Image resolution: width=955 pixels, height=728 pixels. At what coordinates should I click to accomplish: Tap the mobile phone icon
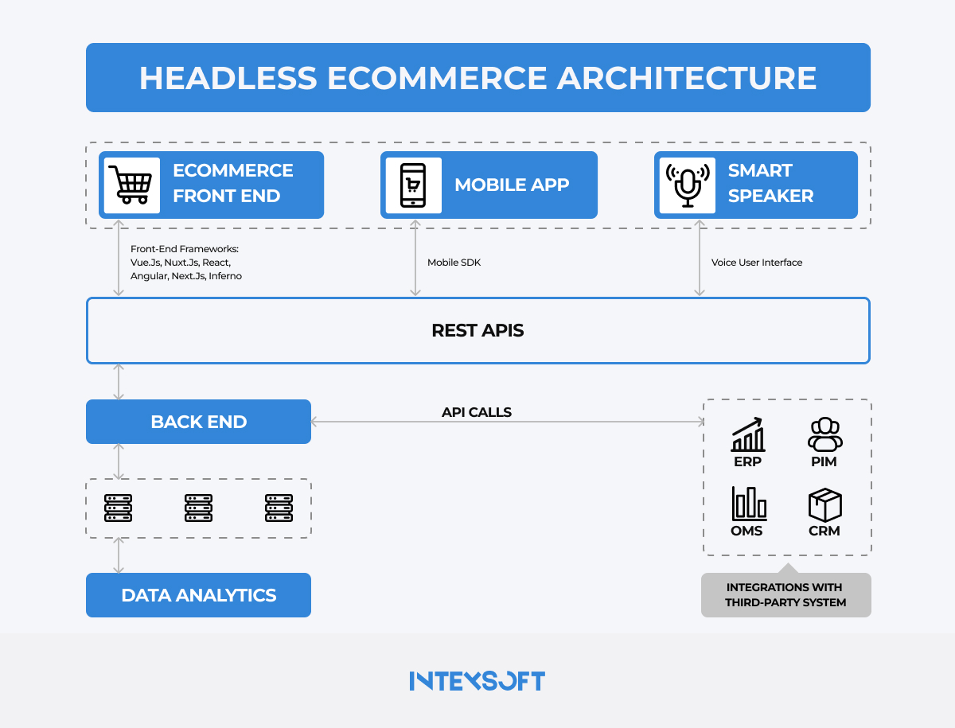tap(413, 185)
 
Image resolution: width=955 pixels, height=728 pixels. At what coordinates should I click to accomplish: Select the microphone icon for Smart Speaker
tap(687, 185)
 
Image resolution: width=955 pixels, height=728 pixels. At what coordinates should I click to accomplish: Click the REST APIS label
tap(477, 330)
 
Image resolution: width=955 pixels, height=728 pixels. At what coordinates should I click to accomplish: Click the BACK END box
tap(198, 422)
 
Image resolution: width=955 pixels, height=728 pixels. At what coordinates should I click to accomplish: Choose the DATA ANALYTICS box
tap(198, 595)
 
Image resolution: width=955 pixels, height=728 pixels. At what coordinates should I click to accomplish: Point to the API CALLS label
tap(477, 412)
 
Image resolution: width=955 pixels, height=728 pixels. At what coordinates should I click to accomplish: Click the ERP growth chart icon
tap(748, 435)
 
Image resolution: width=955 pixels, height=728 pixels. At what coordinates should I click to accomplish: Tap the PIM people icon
tap(824, 435)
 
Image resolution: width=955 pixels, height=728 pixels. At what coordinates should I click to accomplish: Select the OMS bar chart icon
tap(748, 504)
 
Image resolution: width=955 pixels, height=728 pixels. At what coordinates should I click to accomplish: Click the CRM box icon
tap(824, 504)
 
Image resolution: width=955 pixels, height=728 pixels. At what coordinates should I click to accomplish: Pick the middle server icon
tap(198, 508)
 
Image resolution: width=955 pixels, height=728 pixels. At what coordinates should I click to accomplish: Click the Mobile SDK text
tap(454, 263)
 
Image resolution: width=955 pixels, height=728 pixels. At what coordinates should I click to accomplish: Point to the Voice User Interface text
tap(756, 263)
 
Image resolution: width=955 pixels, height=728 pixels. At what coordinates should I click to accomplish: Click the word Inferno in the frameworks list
tap(225, 276)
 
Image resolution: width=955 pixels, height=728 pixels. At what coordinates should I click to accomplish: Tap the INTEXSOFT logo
tap(477, 681)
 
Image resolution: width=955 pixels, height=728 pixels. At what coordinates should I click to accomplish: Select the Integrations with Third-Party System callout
tap(785, 595)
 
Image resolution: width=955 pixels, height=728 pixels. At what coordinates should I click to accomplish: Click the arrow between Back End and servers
tap(119, 461)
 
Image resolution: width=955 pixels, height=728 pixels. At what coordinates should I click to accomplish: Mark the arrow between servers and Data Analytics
tap(119, 555)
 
